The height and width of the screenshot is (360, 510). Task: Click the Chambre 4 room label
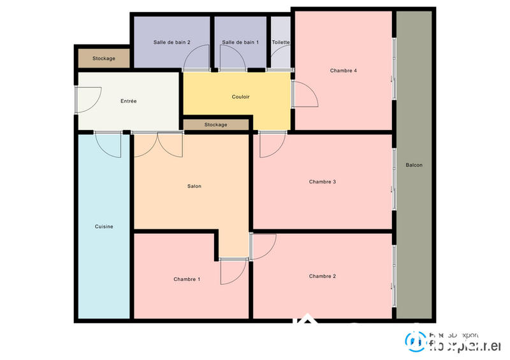pos(343,71)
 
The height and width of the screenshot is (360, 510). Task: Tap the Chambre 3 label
pos(323,182)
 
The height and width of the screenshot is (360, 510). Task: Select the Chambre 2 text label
pos(323,276)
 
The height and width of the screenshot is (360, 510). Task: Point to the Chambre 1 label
pos(187,279)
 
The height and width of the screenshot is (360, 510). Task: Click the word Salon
pos(194,186)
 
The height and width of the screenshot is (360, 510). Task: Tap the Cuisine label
pos(104,226)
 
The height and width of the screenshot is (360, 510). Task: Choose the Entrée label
pos(129,101)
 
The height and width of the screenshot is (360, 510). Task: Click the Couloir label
pos(240,97)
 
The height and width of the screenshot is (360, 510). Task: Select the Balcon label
pos(414,165)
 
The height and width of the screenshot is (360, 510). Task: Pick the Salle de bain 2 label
pos(172,42)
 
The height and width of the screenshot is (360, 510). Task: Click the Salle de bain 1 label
pos(240,42)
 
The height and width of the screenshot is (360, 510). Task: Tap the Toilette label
pos(280,42)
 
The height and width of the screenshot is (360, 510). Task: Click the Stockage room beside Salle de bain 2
pos(104,59)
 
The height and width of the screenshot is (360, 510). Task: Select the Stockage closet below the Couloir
pos(215,124)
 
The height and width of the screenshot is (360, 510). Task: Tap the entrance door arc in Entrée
pos(88,99)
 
